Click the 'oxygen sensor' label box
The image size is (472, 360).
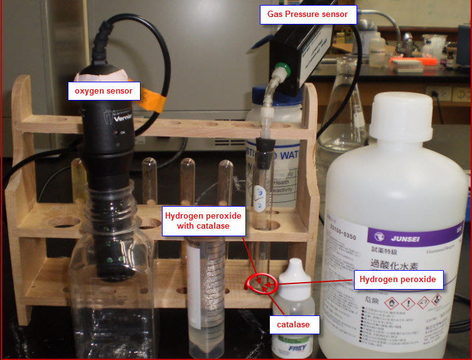click(104, 91)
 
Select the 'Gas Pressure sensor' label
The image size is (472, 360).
click(308, 14)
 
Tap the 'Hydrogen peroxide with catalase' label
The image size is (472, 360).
click(203, 221)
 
